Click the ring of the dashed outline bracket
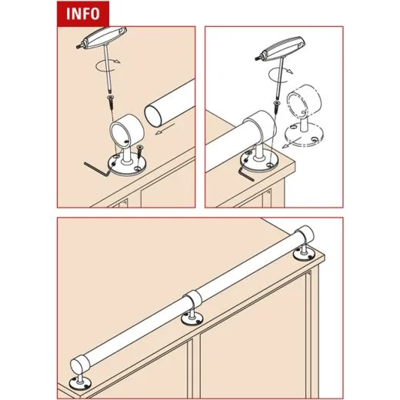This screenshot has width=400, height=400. point(302,109)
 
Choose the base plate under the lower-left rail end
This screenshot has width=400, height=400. point(78,388)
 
